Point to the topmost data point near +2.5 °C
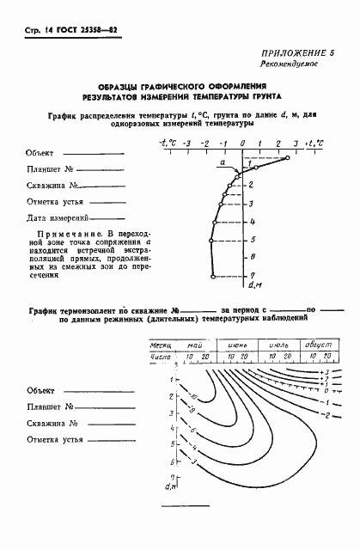[x=288, y=158]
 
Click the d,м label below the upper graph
[x=254, y=284]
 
